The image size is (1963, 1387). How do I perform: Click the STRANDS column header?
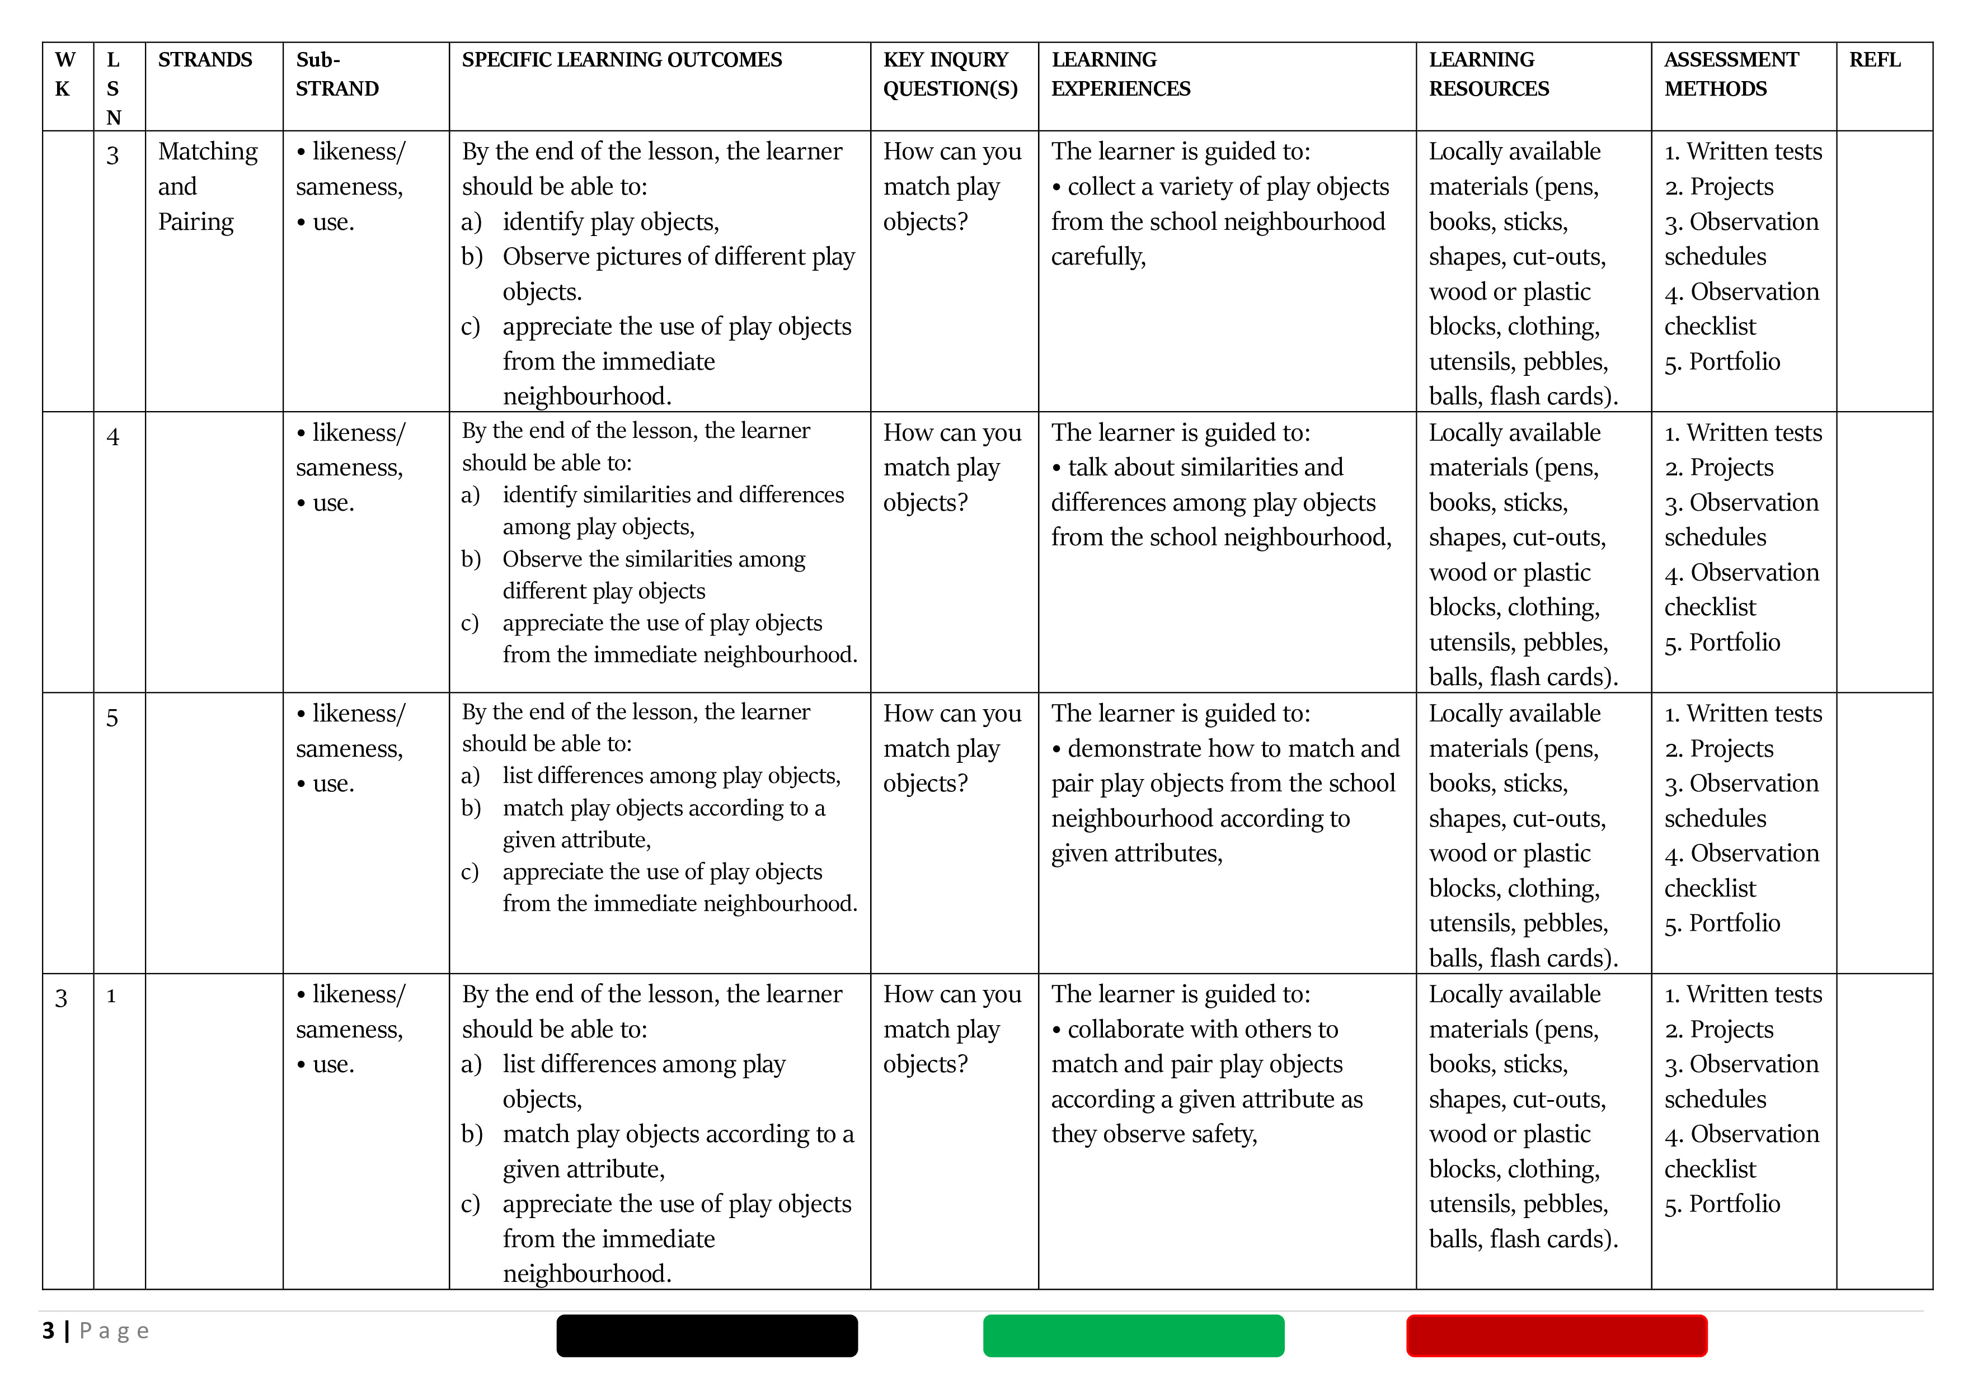click(x=205, y=60)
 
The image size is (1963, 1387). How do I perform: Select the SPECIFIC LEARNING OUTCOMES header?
click(x=622, y=60)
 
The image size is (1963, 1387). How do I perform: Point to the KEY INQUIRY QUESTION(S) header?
click(x=950, y=74)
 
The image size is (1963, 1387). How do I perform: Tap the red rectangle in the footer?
click(x=1556, y=1336)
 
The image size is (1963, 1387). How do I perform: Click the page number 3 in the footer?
click(x=49, y=1331)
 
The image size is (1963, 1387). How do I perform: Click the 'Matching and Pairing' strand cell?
click(x=207, y=186)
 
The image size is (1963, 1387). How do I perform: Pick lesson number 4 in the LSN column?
click(x=113, y=437)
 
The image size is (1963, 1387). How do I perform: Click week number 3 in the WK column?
click(x=62, y=998)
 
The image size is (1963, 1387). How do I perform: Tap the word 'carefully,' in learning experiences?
click(x=1098, y=256)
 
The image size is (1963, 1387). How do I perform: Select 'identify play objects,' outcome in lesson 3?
click(x=610, y=222)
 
